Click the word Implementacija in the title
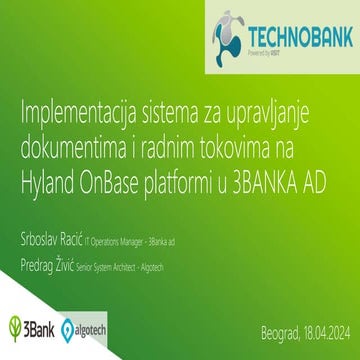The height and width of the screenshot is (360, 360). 76,110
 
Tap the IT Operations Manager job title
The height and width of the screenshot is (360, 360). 143,215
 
